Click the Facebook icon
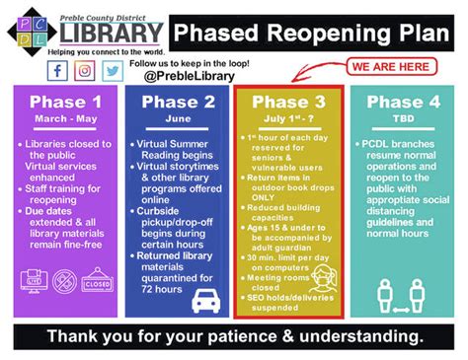tap(57, 71)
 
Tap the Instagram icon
tap(85, 71)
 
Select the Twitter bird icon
tap(113, 71)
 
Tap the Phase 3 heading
tap(287, 103)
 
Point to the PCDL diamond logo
tap(29, 28)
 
